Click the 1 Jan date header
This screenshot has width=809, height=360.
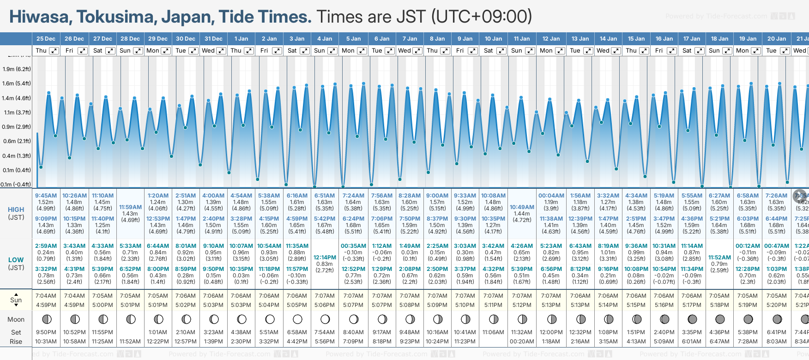(241, 39)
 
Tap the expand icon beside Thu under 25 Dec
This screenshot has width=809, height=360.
(54, 51)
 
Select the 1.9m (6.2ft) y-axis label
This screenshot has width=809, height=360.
(17, 69)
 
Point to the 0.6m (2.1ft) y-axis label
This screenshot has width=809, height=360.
(17, 141)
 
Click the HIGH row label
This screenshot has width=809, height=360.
(16, 210)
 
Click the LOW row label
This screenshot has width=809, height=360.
(16, 260)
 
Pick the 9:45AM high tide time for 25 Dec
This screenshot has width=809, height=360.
(46, 196)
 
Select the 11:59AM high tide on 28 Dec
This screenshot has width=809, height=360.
(130, 207)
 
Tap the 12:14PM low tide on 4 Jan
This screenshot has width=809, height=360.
(325, 258)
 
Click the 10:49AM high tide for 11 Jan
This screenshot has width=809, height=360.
(522, 207)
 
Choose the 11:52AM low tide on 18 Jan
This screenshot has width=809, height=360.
(719, 258)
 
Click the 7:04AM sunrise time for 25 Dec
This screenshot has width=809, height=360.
(46, 296)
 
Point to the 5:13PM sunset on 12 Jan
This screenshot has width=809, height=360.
(551, 305)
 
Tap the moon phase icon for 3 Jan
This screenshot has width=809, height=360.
(297, 319)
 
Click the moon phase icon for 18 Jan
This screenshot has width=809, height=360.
(719, 319)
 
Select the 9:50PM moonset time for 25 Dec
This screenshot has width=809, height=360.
(46, 332)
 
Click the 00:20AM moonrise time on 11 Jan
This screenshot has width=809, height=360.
(522, 342)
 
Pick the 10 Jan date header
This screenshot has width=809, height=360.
(493, 39)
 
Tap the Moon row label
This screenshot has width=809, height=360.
(16, 319)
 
